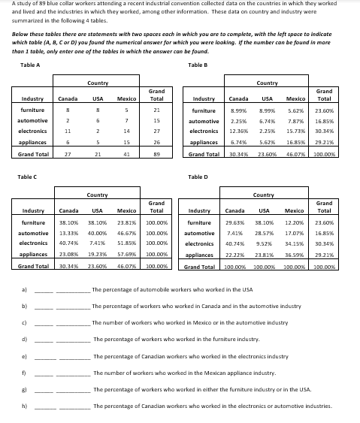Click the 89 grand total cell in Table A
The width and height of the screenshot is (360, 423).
[156, 154]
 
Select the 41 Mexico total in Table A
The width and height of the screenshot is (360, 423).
[127, 154]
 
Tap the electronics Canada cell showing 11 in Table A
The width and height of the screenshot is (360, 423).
[68, 130]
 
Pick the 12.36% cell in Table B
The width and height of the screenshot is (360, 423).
[238, 130]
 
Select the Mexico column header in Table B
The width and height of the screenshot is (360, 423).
[296, 98]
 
